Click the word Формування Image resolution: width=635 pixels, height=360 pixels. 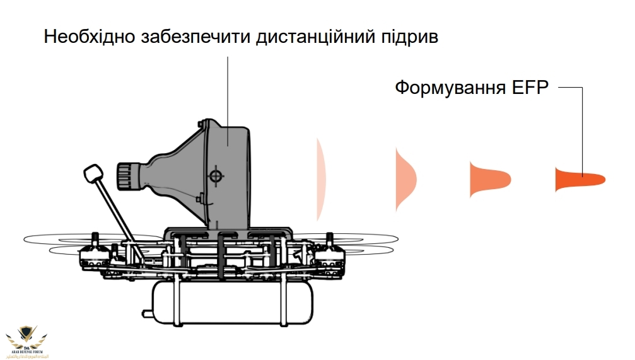pyautogui.click(x=448, y=88)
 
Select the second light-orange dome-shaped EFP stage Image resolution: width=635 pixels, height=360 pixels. pyautogui.click(x=404, y=178)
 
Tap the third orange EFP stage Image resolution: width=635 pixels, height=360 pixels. pyautogui.click(x=486, y=179)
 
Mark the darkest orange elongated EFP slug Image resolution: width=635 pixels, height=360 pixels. pyautogui.click(x=577, y=179)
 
